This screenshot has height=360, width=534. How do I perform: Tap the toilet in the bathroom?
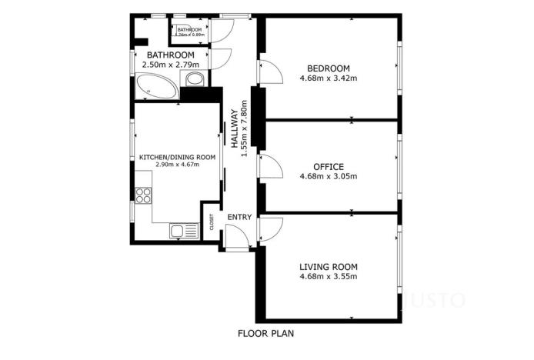pyautogui.click(x=195, y=80)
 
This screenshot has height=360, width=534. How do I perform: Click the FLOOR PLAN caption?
pyautogui.click(x=266, y=334)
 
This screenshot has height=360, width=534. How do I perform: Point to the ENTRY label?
pyautogui.click(x=239, y=218)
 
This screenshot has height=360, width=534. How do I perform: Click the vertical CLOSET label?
pyautogui.click(x=212, y=221)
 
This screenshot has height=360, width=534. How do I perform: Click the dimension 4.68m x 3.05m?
pyautogui.click(x=328, y=176)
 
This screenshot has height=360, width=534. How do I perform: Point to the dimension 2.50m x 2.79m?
pyautogui.click(x=170, y=65)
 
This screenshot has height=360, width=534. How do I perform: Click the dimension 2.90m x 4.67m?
pyautogui.click(x=177, y=165)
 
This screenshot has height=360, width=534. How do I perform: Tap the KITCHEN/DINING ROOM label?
pyautogui.click(x=177, y=157)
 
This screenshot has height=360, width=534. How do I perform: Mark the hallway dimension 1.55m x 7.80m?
pyautogui.click(x=245, y=128)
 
